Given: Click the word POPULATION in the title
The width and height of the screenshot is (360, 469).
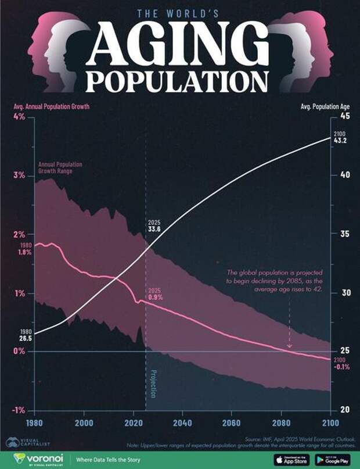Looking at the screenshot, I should (180, 83).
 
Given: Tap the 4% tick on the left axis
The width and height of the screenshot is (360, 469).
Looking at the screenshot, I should (19, 117).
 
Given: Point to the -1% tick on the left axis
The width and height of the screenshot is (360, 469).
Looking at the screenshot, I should (18, 410).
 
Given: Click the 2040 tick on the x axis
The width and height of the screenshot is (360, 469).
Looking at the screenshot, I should (183, 422).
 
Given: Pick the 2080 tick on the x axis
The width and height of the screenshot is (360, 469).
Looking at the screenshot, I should (282, 422).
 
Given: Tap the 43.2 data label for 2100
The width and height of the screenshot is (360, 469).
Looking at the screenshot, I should (340, 141).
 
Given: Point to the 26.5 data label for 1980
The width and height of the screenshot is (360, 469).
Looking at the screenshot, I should (25, 338).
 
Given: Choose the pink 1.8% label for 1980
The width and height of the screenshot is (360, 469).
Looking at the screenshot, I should (24, 253).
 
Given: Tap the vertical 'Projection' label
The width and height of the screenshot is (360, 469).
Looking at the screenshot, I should (153, 383).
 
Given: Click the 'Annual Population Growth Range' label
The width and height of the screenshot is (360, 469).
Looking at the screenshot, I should (60, 169).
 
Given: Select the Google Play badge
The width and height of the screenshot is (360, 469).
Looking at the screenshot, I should (332, 460).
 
